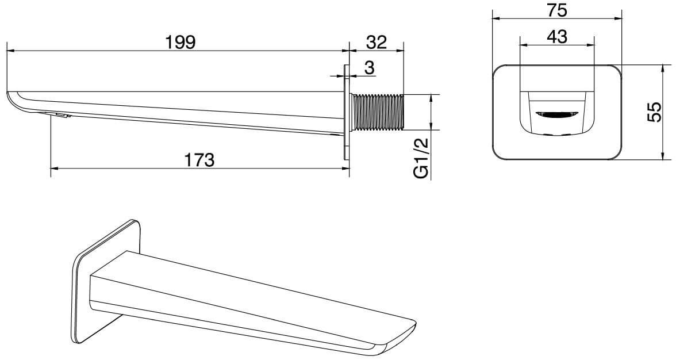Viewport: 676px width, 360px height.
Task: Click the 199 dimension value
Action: tap(180, 42)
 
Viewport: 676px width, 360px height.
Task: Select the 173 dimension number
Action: tap(199, 160)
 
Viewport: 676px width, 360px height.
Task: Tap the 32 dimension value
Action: tap(377, 42)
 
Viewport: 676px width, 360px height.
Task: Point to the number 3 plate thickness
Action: tap(370, 68)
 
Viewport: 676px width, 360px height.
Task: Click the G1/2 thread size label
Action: tap(421, 158)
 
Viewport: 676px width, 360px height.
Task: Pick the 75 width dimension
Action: tap(556, 10)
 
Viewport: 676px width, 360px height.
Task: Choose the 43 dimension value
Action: tap(556, 37)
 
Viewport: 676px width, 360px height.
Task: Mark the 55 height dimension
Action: tap(654, 112)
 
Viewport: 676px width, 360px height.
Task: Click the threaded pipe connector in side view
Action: tap(378, 112)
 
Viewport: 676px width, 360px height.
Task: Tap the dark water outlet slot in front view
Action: tap(557, 114)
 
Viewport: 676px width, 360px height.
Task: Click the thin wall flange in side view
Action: tap(346, 113)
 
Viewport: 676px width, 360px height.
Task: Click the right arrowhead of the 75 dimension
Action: tap(618, 18)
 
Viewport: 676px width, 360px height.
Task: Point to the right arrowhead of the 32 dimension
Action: tap(400, 51)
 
